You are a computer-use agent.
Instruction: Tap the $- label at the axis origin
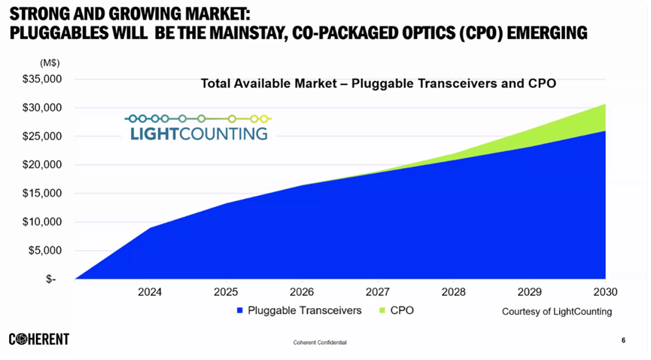[x=51, y=279]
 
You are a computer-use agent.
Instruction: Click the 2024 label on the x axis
[x=150, y=292]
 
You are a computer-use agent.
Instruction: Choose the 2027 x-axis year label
[x=377, y=292]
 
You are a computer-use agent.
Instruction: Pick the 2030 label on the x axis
[x=604, y=292]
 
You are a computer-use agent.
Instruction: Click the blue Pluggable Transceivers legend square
[x=239, y=310]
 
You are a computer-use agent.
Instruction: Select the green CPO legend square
[x=382, y=310]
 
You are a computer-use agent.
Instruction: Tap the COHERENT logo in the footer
[x=39, y=340]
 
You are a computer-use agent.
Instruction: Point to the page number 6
[x=623, y=340]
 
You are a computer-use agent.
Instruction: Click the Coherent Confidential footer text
[x=320, y=343]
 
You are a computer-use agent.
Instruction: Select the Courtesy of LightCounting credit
[x=557, y=311]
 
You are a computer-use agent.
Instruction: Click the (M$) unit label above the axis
[x=50, y=63]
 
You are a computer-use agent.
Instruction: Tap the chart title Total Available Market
[x=378, y=84]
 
